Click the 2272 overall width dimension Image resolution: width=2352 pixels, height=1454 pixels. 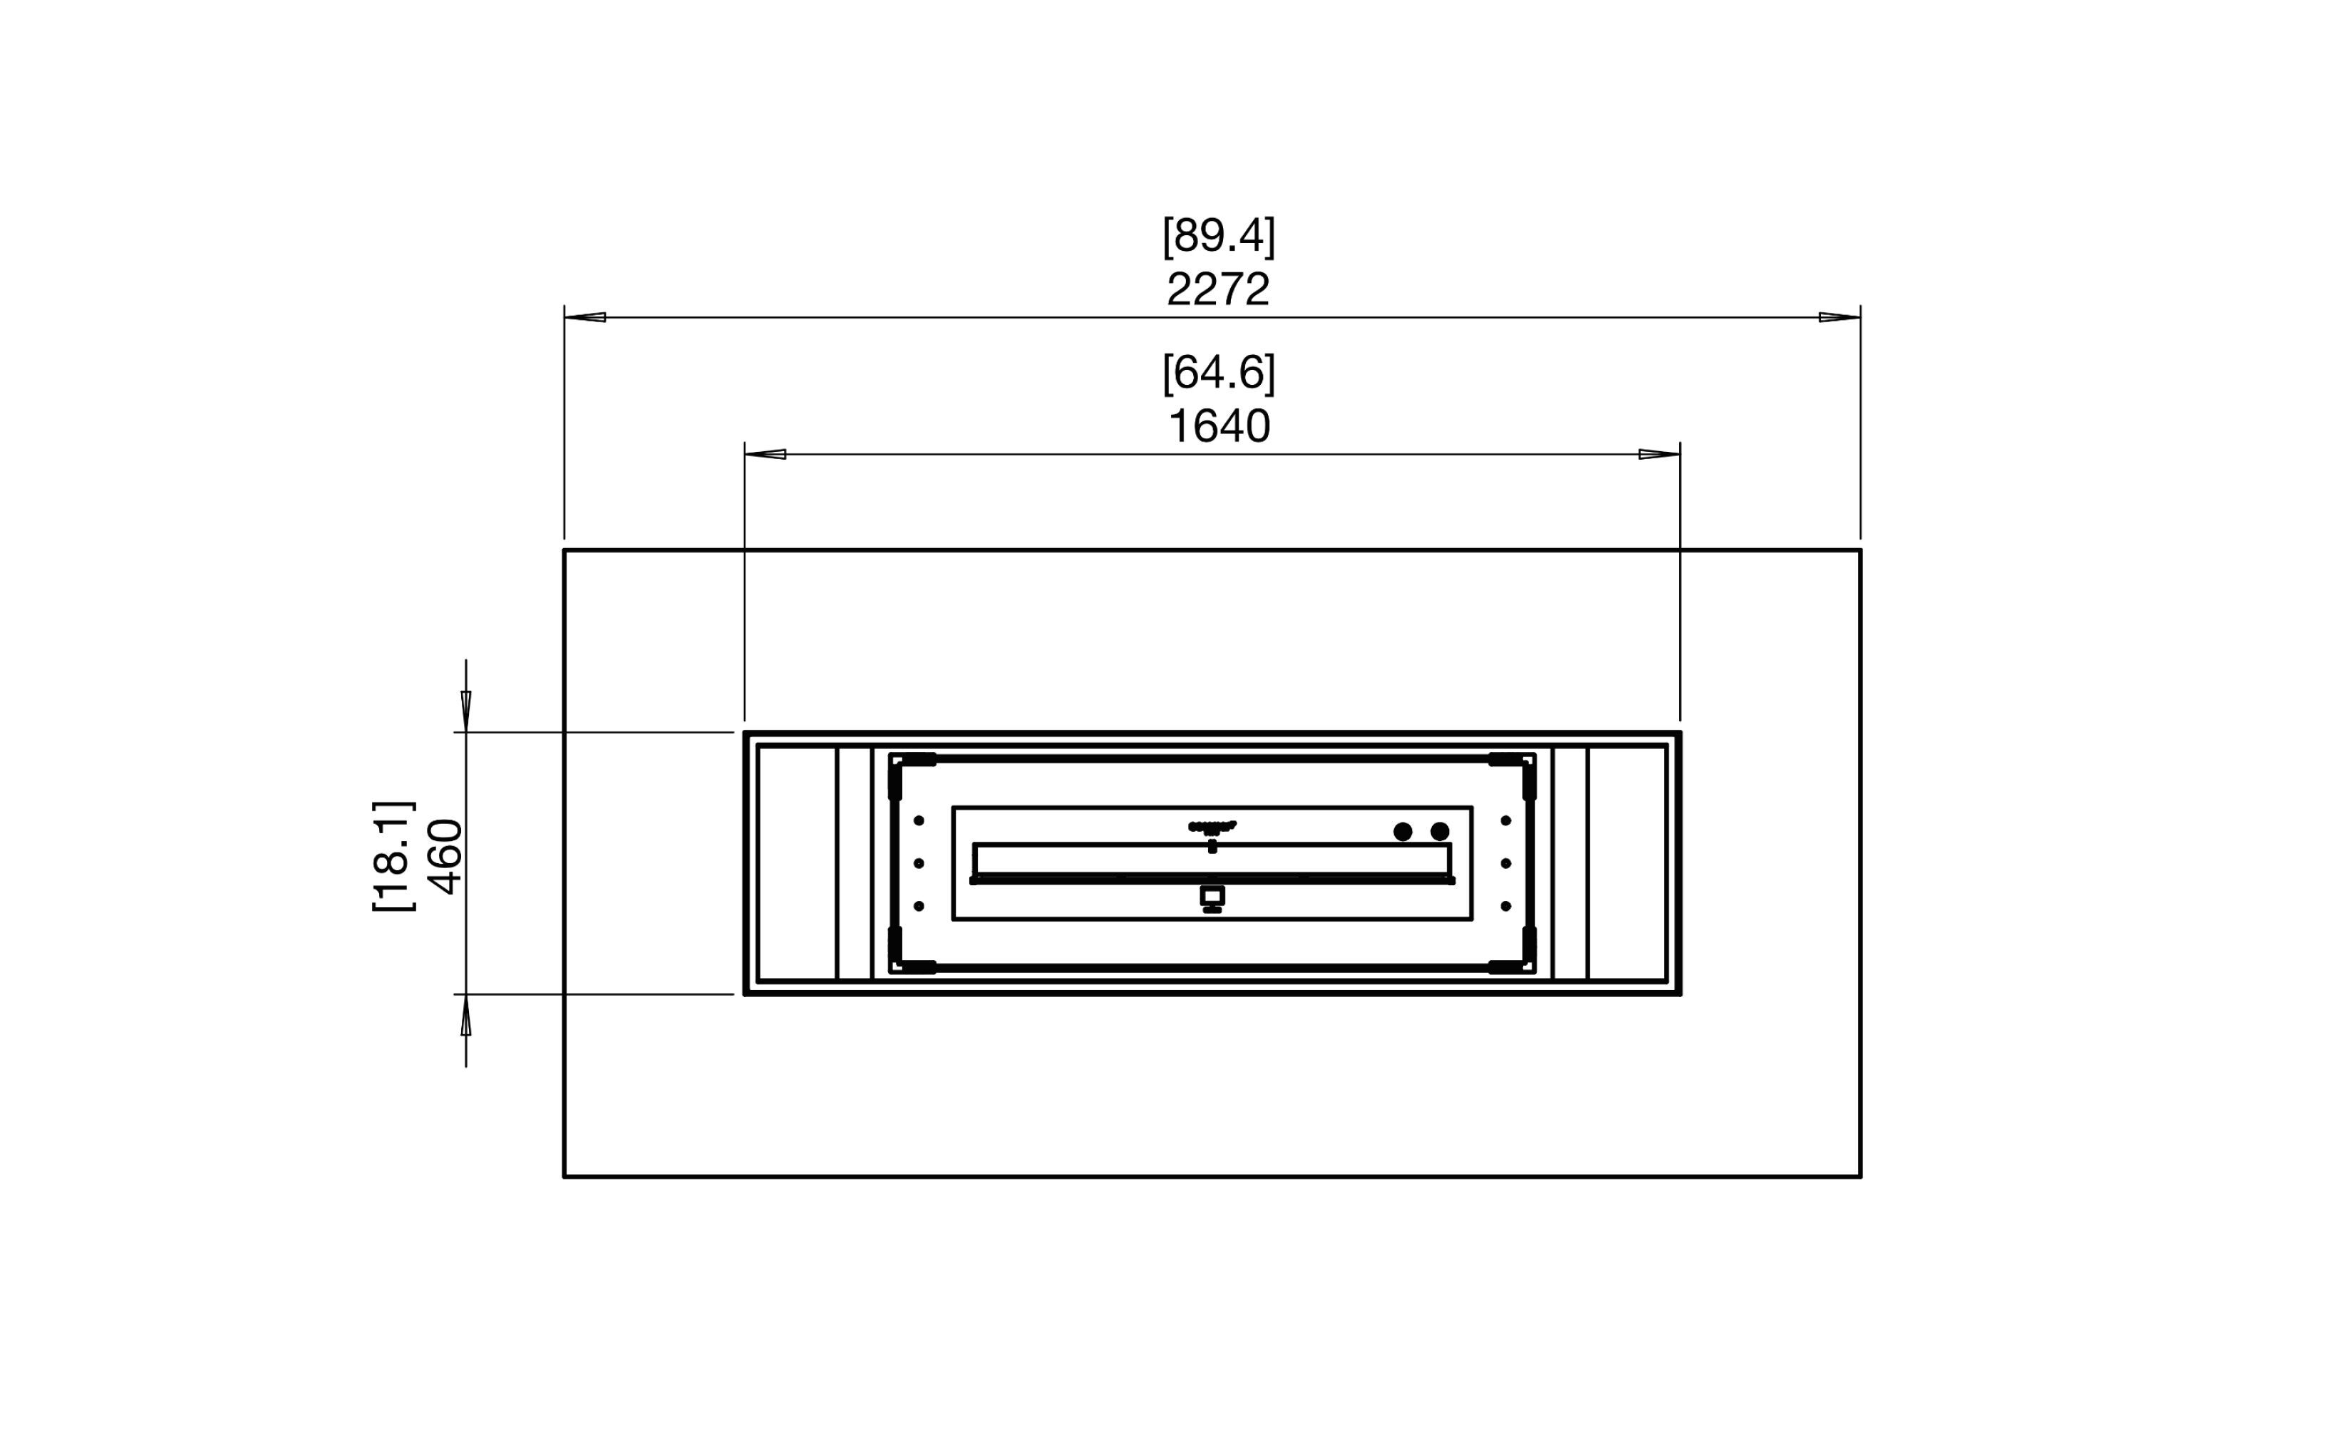1217,289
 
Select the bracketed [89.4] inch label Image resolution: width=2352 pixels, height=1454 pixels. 1217,236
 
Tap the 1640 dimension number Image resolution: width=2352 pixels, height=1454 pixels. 1217,426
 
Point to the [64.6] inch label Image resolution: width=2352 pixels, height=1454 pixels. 1217,373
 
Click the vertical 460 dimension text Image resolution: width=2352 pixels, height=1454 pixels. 445,856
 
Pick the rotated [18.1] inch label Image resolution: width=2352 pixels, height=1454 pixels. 393,856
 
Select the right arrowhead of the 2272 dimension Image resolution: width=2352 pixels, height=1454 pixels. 1839,316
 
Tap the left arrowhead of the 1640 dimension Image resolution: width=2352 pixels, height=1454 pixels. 766,454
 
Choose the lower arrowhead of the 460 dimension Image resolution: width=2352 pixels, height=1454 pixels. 466,1016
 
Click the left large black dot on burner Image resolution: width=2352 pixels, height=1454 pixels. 1402,832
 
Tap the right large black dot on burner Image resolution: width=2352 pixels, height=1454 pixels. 1440,832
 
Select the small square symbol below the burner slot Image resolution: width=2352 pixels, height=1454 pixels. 1212,896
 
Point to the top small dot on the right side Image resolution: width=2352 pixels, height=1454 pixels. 1506,820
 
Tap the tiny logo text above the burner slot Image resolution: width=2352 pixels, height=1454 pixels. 1212,825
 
